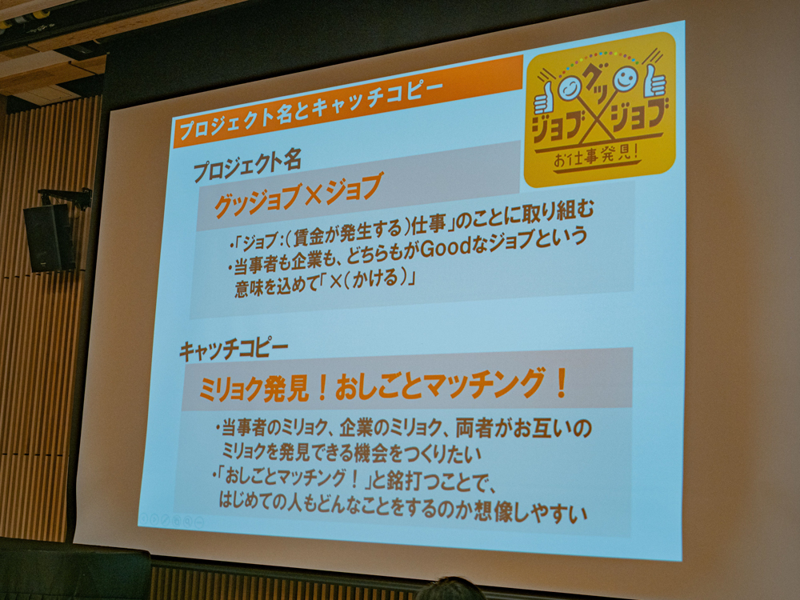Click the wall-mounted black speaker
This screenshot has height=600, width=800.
coord(49,237)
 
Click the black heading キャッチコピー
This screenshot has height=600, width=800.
coord(234,350)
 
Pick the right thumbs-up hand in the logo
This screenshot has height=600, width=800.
coord(655,79)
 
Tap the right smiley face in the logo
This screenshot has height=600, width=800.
coord(625,78)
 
